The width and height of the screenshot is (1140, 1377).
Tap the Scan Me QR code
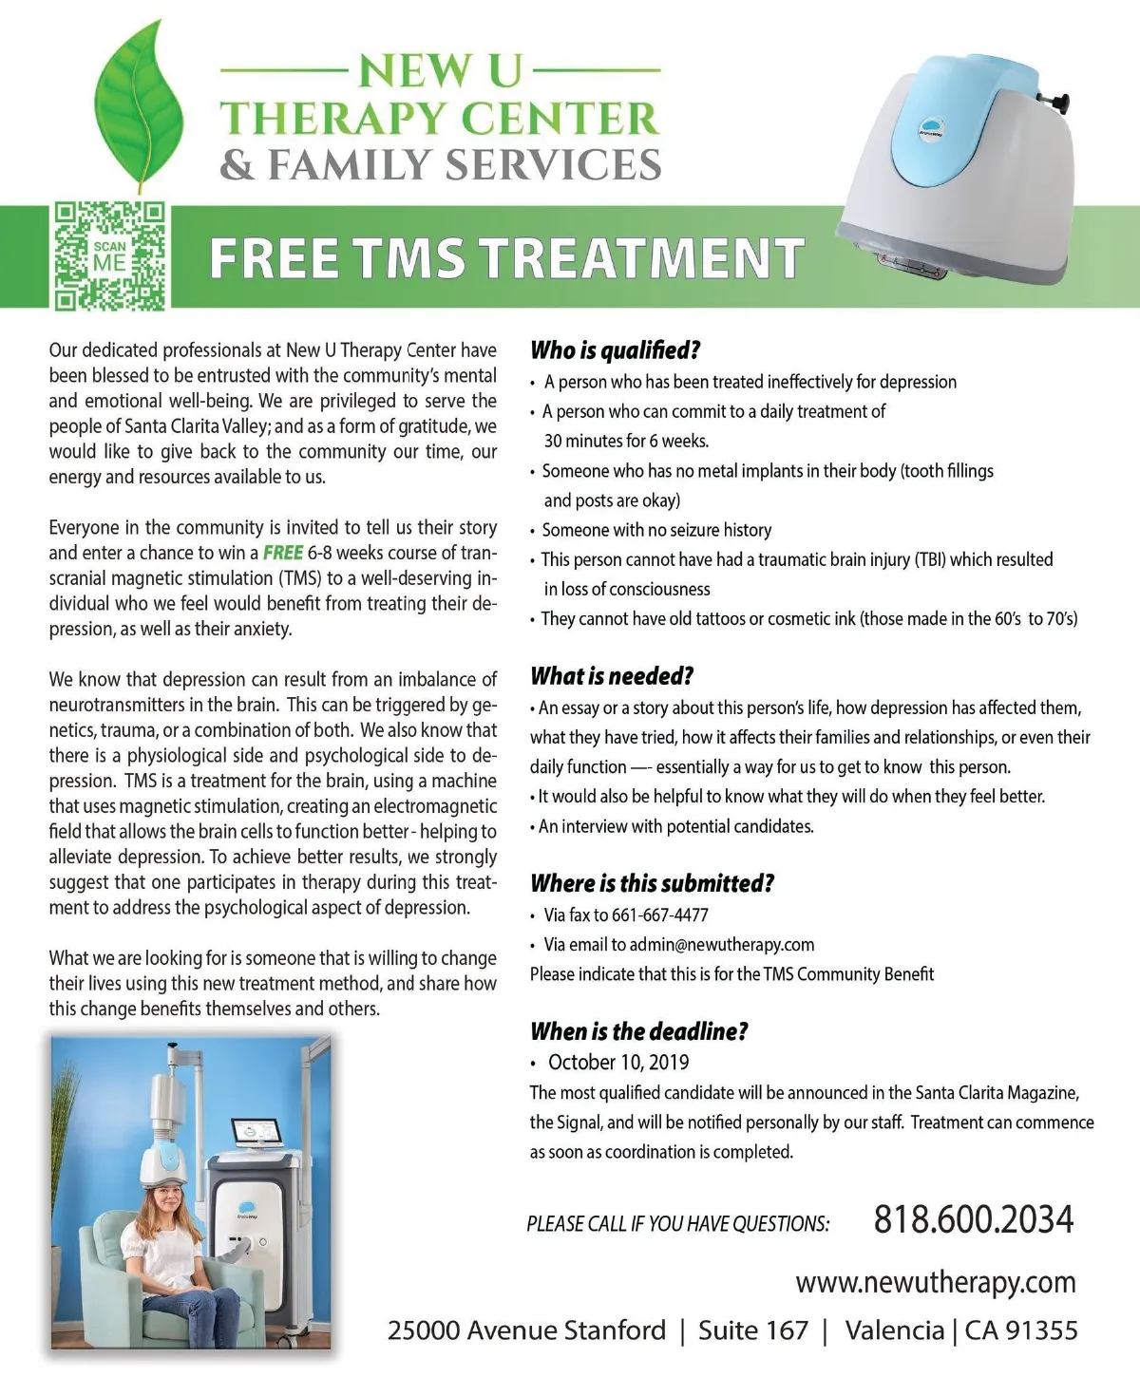point(109,256)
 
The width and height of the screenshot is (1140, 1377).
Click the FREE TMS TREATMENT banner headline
point(506,258)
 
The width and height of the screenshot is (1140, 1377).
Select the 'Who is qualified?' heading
point(615,350)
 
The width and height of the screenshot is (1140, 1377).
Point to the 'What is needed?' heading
point(612,676)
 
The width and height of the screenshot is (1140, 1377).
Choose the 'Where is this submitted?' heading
point(652,883)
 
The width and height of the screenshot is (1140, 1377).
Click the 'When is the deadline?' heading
point(638,1031)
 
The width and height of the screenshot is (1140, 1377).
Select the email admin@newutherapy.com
point(722,945)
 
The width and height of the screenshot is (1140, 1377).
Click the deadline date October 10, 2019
point(618,1063)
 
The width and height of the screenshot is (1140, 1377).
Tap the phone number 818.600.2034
point(974,1219)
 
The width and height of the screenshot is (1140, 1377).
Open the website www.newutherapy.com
point(936,1282)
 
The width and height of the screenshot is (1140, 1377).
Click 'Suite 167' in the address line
point(752,1330)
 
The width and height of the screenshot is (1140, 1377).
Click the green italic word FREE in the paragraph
point(282,553)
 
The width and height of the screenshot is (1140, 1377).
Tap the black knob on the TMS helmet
point(1059,99)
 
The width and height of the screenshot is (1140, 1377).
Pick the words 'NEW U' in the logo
point(440,72)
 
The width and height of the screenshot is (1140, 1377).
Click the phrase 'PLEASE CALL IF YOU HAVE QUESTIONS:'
point(677,1224)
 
